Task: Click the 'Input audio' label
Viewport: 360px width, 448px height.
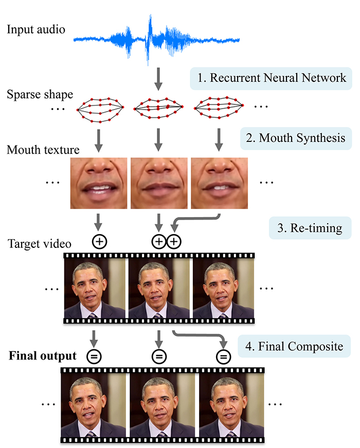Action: (x=36, y=29)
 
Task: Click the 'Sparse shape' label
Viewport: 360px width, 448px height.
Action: (x=40, y=95)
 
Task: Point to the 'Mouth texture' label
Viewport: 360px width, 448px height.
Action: (x=43, y=150)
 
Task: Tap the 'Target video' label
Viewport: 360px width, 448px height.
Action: (x=39, y=243)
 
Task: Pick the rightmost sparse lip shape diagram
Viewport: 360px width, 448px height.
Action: (x=219, y=108)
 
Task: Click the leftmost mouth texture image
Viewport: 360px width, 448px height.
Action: (x=99, y=183)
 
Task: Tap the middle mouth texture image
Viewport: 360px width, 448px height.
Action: (x=159, y=183)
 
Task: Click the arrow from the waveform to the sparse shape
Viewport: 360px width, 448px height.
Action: (x=157, y=79)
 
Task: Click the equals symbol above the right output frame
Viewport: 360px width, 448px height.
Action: (x=223, y=356)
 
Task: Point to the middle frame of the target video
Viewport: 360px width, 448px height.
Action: (x=159, y=288)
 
